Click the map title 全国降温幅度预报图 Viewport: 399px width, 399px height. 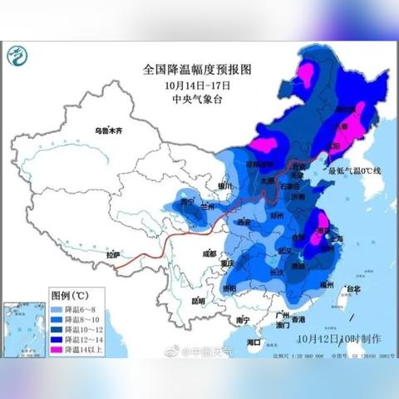pyautogui.click(x=196, y=71)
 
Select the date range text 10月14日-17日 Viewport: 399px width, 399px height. pyautogui.click(x=196, y=86)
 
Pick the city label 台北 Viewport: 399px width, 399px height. pyautogui.click(x=353, y=289)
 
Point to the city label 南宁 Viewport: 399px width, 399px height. pyautogui.click(x=242, y=319)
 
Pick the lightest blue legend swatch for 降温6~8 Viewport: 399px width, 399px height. pyautogui.click(x=60, y=307)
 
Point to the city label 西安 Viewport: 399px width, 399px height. pyautogui.click(x=244, y=223)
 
